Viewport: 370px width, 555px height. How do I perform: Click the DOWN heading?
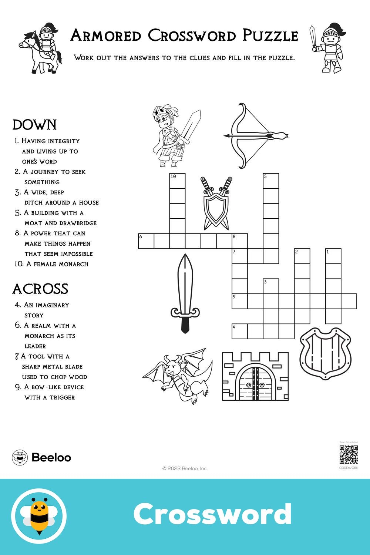click(x=34, y=125)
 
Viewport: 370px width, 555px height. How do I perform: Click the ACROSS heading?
click(x=40, y=289)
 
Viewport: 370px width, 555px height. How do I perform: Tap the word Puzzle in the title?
click(x=270, y=36)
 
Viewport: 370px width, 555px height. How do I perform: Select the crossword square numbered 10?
click(x=177, y=181)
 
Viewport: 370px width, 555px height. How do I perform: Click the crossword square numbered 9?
click(x=239, y=301)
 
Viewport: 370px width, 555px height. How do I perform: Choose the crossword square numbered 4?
click(x=239, y=331)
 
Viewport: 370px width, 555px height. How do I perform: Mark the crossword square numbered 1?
click(x=333, y=256)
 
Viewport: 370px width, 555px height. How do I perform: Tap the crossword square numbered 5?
click(x=271, y=181)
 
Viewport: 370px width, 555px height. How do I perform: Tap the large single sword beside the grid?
click(x=185, y=292)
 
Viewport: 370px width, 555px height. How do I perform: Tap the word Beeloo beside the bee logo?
click(x=51, y=458)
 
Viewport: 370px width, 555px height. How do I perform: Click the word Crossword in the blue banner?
click(x=212, y=514)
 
